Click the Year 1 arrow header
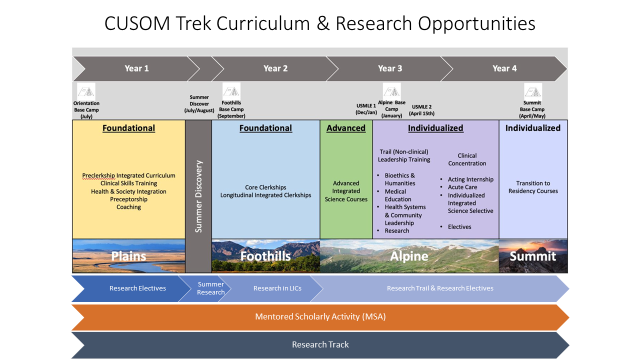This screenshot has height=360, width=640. point(137,68)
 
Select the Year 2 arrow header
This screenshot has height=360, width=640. point(275,68)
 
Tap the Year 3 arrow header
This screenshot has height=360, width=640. point(390,68)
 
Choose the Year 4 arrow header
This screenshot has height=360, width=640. point(505,68)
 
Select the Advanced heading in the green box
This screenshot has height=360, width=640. point(344,128)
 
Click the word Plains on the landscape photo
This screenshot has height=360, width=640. point(128,256)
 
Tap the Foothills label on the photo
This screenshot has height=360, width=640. point(265,256)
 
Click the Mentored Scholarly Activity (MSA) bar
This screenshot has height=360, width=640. point(320,317)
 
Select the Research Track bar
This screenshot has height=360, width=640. point(320,345)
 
